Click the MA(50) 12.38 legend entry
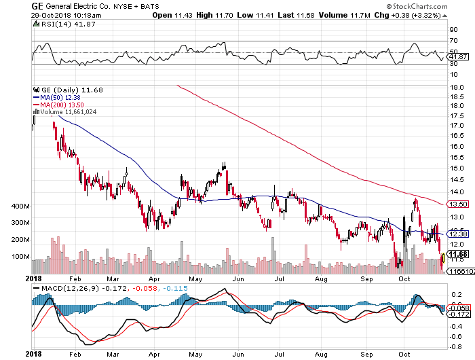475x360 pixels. (x=62, y=97)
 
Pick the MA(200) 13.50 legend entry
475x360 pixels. (x=63, y=105)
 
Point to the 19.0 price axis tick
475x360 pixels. (x=456, y=87)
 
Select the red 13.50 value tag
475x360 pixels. (x=455, y=204)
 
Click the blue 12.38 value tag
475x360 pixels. (x=455, y=234)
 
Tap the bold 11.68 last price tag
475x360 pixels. (x=455, y=255)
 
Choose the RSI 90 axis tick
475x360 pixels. (x=452, y=30)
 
